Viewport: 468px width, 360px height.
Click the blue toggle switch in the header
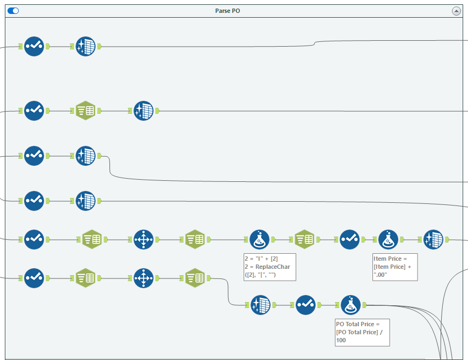pyautogui.click(x=13, y=11)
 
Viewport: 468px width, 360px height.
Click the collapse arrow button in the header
pyautogui.click(x=456, y=11)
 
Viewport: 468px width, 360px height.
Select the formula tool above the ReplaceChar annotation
pyautogui.click(x=260, y=239)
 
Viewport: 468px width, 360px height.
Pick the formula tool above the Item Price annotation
pyautogui.click(x=389, y=239)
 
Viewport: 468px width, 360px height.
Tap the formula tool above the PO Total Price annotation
pyautogui.click(x=350, y=305)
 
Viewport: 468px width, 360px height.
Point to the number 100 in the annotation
pyautogui.click(x=341, y=340)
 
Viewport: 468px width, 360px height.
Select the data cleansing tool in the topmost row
pyautogui.click(x=86, y=47)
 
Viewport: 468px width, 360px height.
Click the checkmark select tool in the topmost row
pyautogui.click(x=34, y=47)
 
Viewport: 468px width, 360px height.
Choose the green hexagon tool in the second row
pyautogui.click(x=85, y=111)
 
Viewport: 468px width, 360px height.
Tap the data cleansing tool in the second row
pyautogui.click(x=144, y=111)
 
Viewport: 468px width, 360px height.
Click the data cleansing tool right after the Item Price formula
pyautogui.click(x=433, y=239)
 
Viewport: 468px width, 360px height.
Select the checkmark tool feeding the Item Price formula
pyautogui.click(x=349, y=239)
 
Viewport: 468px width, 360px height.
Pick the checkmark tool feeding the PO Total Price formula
pyautogui.click(x=305, y=305)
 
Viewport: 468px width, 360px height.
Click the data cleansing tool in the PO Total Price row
pyautogui.click(x=260, y=305)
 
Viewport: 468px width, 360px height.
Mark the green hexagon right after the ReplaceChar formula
pyautogui.click(x=305, y=239)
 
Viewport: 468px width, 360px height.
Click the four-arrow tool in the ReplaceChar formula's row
pyautogui.click(x=143, y=239)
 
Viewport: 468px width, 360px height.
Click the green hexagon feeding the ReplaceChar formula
pyautogui.click(x=195, y=239)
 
